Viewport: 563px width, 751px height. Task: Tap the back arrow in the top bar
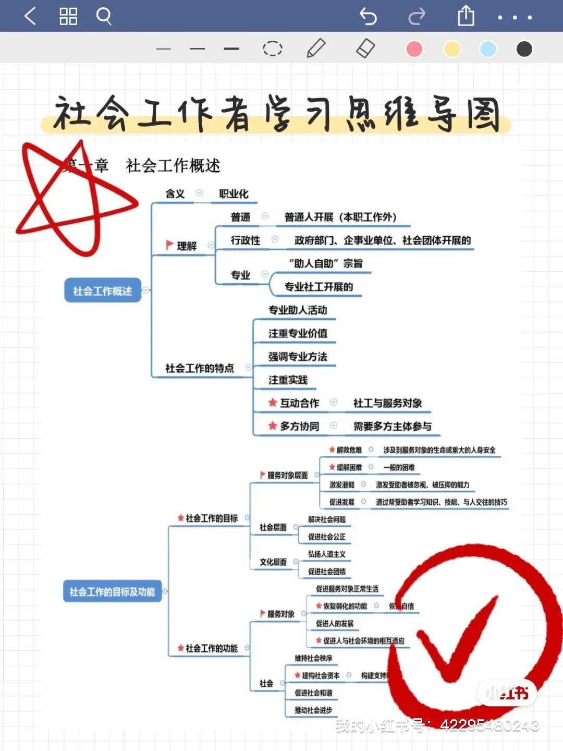click(30, 17)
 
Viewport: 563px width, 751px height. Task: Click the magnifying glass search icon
click(104, 17)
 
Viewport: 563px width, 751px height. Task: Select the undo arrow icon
click(368, 17)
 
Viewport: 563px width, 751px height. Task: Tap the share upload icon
click(466, 16)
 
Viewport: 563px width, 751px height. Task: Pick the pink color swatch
click(414, 49)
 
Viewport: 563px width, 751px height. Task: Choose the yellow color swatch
click(452, 49)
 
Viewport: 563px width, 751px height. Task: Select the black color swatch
click(524, 49)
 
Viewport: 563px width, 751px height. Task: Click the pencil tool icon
click(316, 49)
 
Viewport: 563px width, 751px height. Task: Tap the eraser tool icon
click(365, 49)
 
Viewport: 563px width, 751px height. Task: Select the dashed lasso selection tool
click(272, 49)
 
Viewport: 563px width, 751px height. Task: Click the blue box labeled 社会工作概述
click(103, 290)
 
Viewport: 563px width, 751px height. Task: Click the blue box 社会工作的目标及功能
click(112, 591)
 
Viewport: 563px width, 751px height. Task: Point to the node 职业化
click(234, 194)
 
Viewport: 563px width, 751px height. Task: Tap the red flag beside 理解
click(169, 245)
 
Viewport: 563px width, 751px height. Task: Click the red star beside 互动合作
click(272, 402)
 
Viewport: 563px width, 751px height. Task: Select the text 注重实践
click(288, 380)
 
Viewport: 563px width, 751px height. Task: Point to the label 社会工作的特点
click(199, 368)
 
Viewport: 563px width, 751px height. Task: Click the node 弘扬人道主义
click(327, 554)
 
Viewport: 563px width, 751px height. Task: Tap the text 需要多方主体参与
click(392, 426)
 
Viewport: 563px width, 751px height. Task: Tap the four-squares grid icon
click(68, 17)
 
